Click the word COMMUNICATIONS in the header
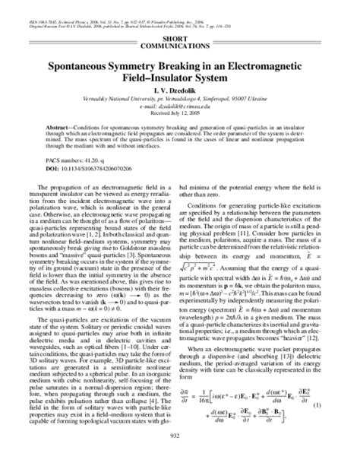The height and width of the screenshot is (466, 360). [179, 46]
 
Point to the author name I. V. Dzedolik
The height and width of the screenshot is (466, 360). [179, 90]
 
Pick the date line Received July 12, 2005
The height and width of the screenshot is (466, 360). [179, 113]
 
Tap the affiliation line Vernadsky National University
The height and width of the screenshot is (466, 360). [179, 100]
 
